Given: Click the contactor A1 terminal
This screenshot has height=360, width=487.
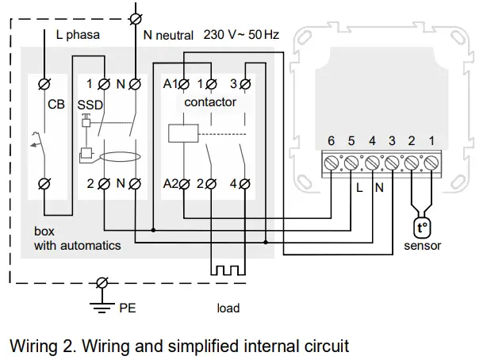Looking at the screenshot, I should [x=184, y=83].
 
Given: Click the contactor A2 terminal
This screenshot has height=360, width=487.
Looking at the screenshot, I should [x=184, y=184].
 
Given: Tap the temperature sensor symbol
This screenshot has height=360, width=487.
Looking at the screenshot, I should [x=421, y=227].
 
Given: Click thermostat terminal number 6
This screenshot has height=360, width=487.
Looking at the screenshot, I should [x=333, y=163].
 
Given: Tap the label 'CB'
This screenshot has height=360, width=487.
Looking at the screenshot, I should [x=56, y=104].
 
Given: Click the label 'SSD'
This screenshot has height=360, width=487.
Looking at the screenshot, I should [x=89, y=104].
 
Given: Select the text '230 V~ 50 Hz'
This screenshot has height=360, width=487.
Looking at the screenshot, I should [x=242, y=36].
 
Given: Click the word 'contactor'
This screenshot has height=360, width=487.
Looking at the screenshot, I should [x=209, y=103].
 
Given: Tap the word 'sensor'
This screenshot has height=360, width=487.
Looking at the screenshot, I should [x=422, y=245].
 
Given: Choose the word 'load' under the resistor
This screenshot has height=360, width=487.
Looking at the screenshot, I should [x=228, y=308].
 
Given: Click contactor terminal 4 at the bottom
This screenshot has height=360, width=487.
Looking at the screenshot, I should [x=243, y=184].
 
